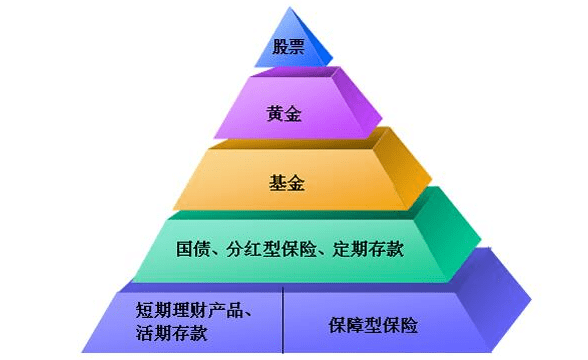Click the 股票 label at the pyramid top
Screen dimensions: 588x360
(x=286, y=45)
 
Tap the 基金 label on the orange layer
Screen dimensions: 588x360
(x=286, y=182)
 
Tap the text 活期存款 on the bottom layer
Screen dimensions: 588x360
(x=171, y=333)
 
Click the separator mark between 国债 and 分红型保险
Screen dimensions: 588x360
(x=216, y=249)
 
